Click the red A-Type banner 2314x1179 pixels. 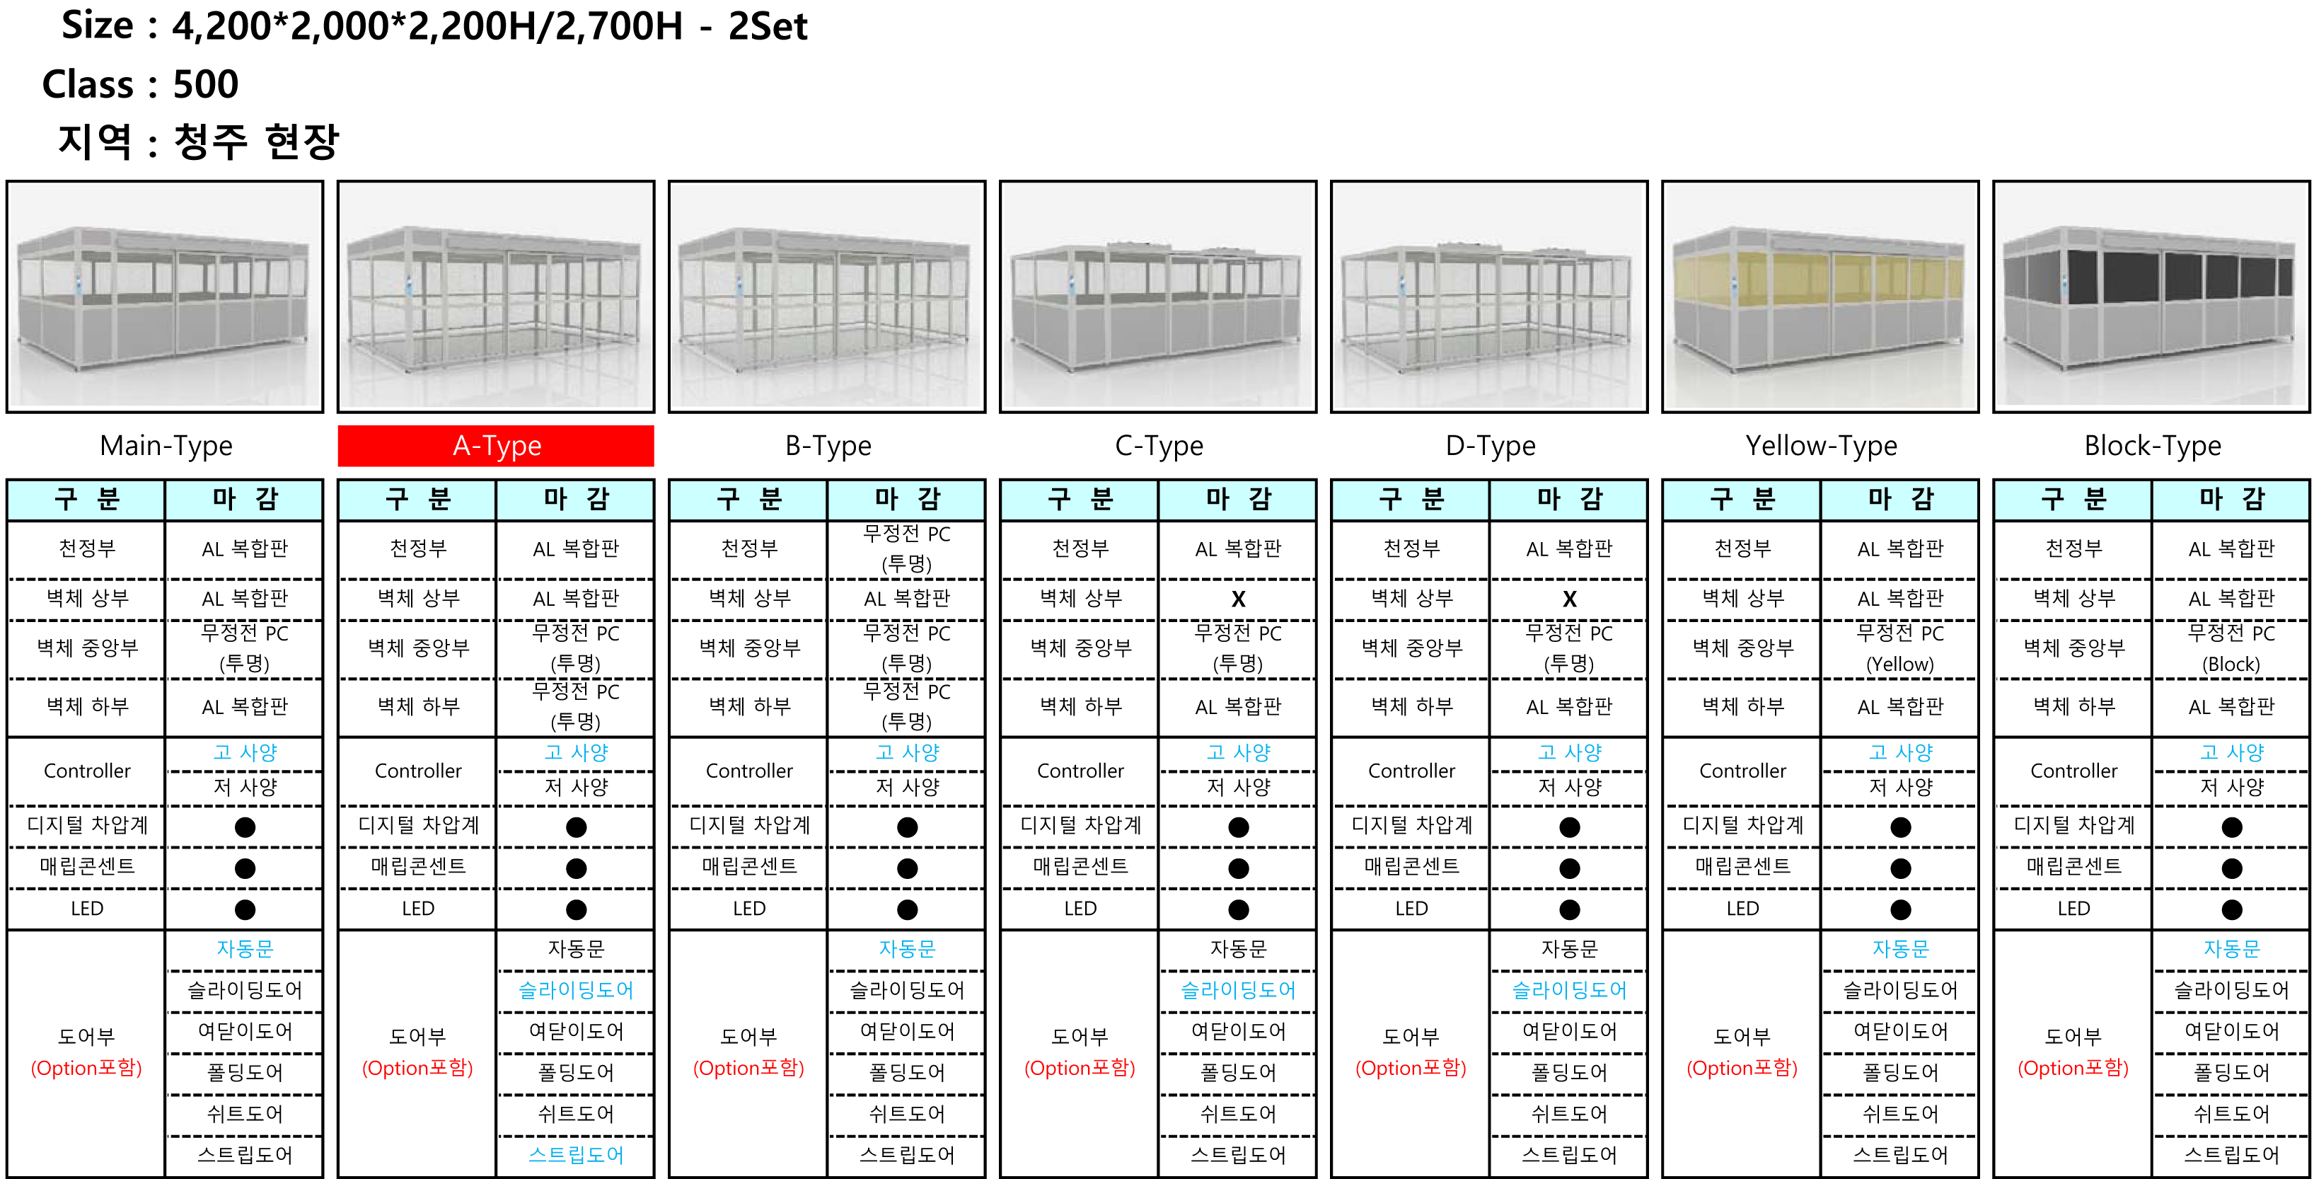point(496,446)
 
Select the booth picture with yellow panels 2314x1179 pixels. point(1820,296)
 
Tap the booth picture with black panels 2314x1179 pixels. point(2150,294)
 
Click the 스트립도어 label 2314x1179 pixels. point(576,1155)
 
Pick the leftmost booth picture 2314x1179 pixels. point(164,294)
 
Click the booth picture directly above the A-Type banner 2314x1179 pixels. point(496,294)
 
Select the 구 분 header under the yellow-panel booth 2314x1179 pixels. point(1742,500)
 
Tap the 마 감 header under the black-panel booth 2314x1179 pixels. point(2231,500)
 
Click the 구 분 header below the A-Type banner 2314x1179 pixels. point(417,500)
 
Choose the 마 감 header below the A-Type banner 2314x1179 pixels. point(576,500)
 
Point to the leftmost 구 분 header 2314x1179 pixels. point(86,500)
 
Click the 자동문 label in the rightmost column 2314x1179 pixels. point(2231,949)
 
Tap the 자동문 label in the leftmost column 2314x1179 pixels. point(244,949)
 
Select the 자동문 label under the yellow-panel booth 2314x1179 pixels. point(1900,949)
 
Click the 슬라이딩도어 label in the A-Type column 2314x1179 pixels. point(576,990)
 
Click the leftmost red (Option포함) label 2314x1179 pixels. point(86,1069)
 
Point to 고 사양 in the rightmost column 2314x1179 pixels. point(2231,752)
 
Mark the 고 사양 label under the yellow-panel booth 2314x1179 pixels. point(1900,752)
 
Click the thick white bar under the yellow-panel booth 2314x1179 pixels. point(1807,1027)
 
